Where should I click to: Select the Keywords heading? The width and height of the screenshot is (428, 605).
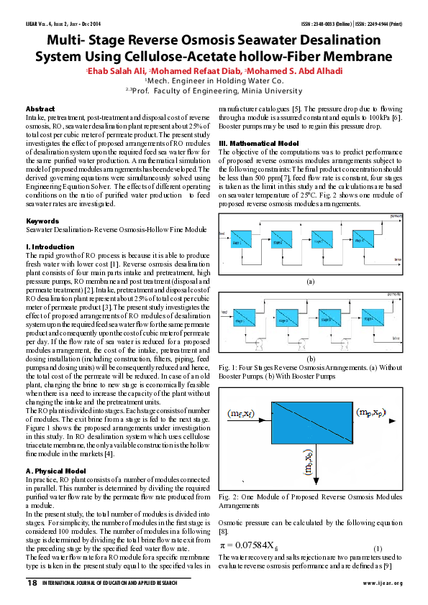click(42, 221)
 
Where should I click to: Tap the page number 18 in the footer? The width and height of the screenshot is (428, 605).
click(32, 583)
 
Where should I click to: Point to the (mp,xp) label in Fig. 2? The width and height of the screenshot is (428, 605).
click(373, 412)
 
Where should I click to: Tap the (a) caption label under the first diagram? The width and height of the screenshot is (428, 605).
click(311, 281)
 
